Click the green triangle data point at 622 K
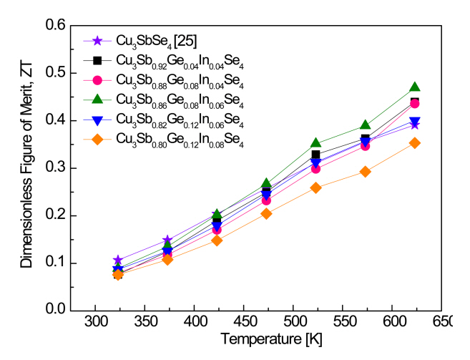[x=415, y=87]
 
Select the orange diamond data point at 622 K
[x=415, y=143]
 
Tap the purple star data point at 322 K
[x=117, y=261]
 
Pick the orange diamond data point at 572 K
[x=366, y=172]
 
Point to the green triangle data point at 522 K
[x=316, y=143]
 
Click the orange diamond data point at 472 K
[x=267, y=213]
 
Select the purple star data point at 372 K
[x=167, y=240]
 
